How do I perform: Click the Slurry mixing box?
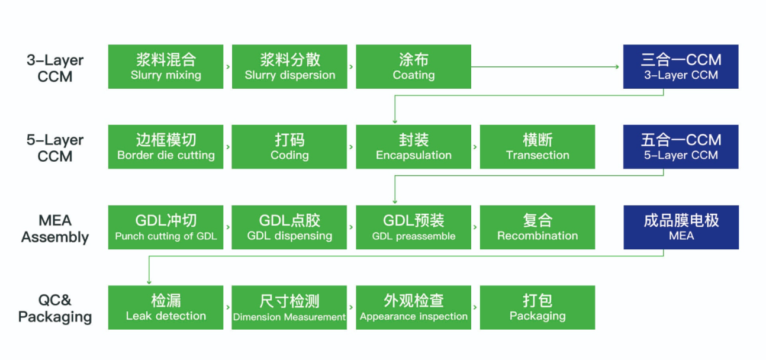coord(166,67)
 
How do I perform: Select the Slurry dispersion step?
coord(289,67)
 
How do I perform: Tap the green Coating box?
coord(413,67)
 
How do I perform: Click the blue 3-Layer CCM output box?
coord(681,67)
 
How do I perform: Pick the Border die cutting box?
coord(166,147)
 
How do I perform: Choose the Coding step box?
coord(289,147)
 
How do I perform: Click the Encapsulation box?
coord(413,147)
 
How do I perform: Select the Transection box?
coord(538,147)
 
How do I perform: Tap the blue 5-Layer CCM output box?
coord(681,147)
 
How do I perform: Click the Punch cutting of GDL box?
coord(166,227)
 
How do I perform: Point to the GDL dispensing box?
coord(289,227)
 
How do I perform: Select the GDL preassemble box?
coord(413,227)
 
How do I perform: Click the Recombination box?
coord(538,227)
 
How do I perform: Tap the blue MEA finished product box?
coord(681,227)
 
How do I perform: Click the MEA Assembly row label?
coord(55,229)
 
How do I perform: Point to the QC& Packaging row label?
coord(55,308)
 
